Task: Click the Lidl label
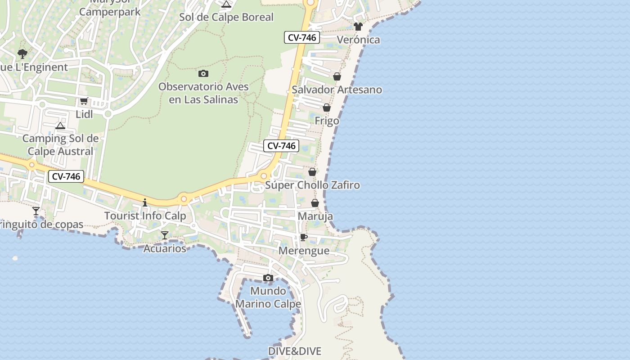tap(84, 114)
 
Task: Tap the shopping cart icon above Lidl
tap(84, 101)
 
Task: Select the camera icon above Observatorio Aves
tap(203, 73)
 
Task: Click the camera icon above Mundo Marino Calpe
tap(268, 278)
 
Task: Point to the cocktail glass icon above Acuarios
tap(165, 235)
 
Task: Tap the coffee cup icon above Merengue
tap(304, 237)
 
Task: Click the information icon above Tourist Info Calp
tap(145, 202)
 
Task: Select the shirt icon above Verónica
tap(358, 27)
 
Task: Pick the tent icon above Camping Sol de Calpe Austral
tap(60, 126)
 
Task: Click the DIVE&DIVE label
tap(295, 351)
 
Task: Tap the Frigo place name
tap(327, 121)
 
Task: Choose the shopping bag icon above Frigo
tap(327, 108)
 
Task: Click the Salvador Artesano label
tap(337, 90)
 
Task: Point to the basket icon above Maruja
tap(315, 203)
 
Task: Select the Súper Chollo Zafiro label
tap(312, 185)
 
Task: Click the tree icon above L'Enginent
tap(22, 54)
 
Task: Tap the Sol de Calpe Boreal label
tap(226, 17)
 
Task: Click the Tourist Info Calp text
tap(145, 216)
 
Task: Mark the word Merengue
tap(304, 251)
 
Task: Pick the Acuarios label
tap(165, 248)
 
